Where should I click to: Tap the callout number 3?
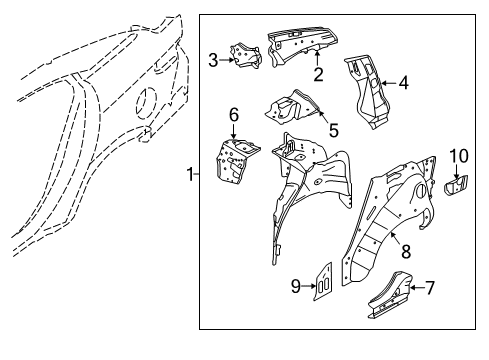pos(213,59)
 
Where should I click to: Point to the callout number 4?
pos(403,83)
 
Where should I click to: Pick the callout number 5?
pos(334,129)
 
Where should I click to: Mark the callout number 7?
pos(430,288)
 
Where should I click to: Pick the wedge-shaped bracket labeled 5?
pos(291,108)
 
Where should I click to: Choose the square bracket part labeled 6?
pos(234,158)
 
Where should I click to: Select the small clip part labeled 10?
pos(457,184)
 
